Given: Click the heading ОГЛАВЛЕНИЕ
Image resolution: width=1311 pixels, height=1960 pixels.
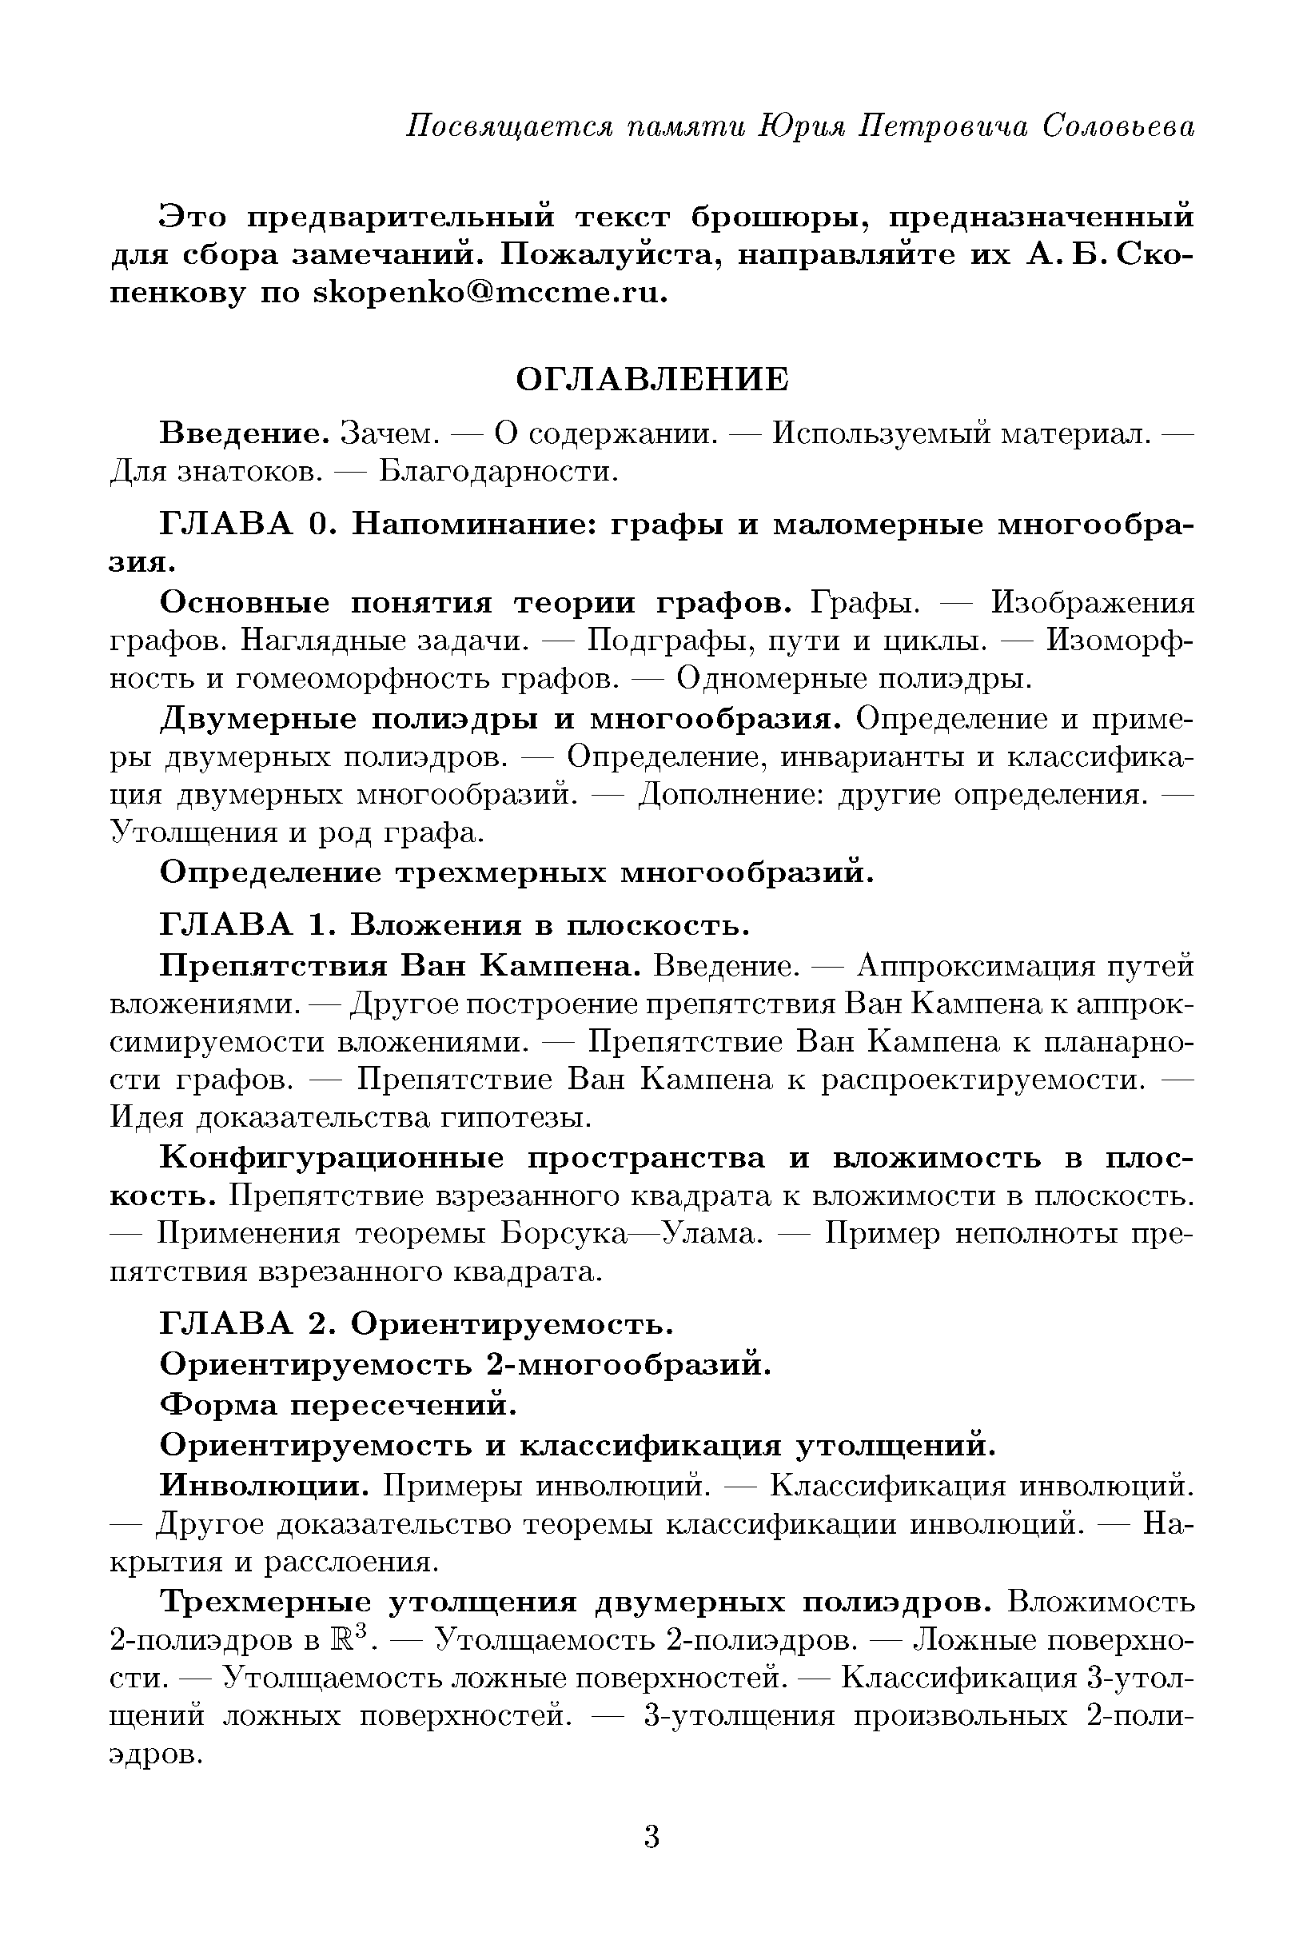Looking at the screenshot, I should point(652,380).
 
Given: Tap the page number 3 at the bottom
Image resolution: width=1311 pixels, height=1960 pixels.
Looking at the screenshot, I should point(652,1837).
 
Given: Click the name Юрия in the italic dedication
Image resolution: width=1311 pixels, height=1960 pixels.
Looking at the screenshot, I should point(802,126).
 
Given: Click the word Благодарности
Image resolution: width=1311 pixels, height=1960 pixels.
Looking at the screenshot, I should point(498,473).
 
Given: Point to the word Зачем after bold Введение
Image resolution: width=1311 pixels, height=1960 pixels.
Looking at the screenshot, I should point(389,434).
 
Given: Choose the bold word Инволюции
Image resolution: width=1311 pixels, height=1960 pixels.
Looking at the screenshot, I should point(265,1485).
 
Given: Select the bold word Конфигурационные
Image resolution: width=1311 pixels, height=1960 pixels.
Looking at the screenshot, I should point(332,1158).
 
